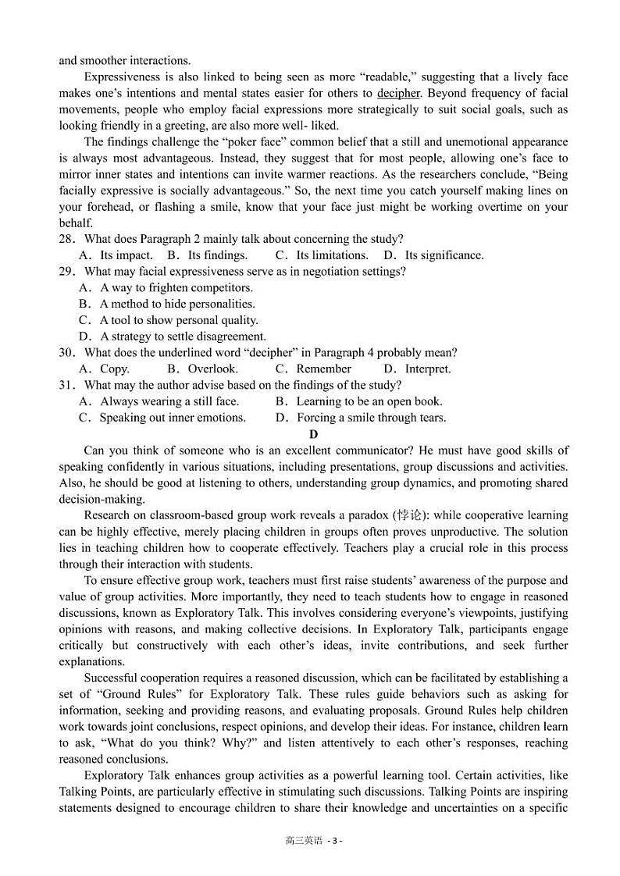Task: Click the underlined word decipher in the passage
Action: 398,93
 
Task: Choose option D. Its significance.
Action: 433,255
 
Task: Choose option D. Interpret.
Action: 417,369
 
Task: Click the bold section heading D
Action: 313,434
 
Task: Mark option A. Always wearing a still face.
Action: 159,402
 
